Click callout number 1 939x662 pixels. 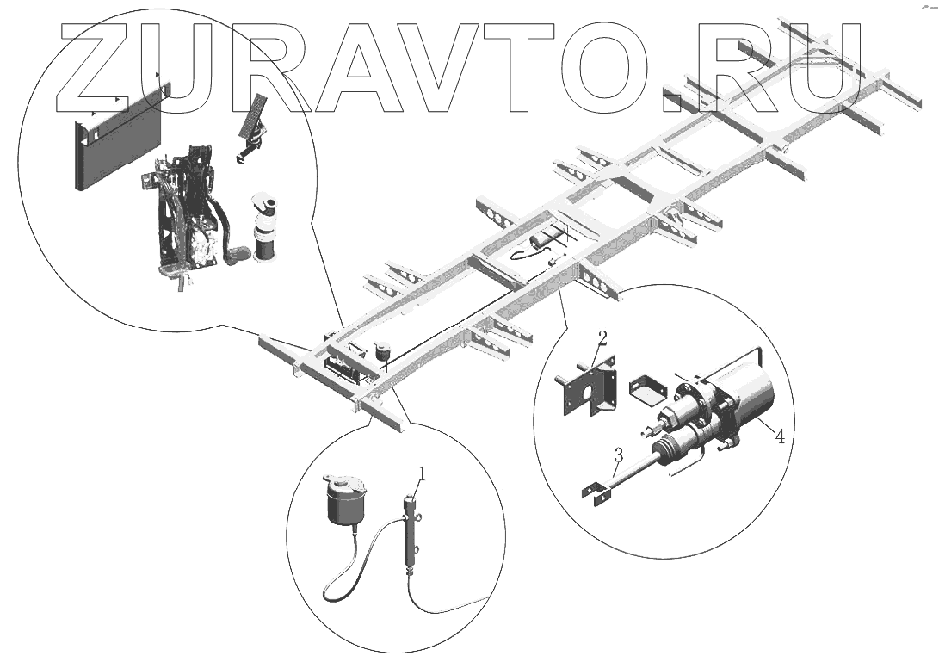click(x=423, y=473)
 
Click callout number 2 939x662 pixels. click(x=602, y=337)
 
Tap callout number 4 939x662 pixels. click(x=779, y=436)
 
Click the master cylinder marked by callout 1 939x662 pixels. click(x=411, y=535)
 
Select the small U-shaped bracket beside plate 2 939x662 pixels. click(x=648, y=393)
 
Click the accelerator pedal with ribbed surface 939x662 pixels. click(x=255, y=117)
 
